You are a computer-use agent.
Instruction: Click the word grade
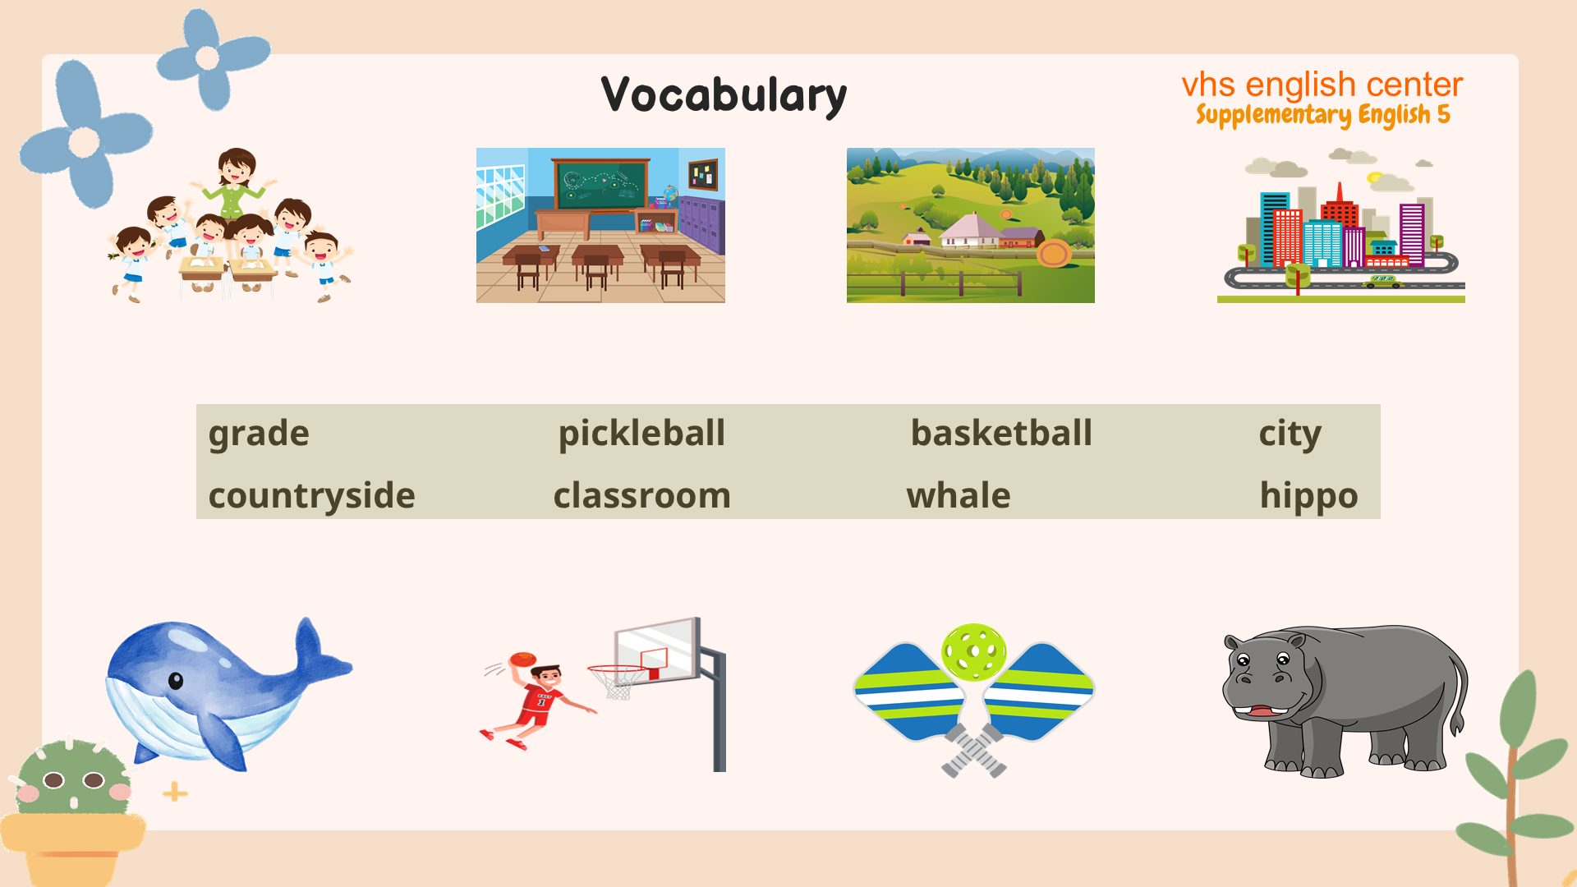point(259,434)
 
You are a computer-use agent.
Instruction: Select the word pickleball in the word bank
point(641,433)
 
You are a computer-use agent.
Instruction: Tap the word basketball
point(1001,433)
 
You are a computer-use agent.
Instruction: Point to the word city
point(1290,434)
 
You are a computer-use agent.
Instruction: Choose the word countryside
point(311,495)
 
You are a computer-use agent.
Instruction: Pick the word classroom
point(641,495)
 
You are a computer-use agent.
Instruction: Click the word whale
point(958,495)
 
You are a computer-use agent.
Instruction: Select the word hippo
point(1308,496)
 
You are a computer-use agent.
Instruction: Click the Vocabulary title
point(724,95)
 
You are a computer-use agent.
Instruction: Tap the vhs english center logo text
point(1322,85)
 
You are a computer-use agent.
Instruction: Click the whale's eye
point(175,680)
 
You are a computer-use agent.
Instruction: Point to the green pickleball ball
point(974,652)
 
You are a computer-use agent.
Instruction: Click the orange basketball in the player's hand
point(522,660)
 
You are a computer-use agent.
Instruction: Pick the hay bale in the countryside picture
point(1053,253)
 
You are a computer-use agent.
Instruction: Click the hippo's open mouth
point(1257,711)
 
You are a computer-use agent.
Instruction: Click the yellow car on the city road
point(1383,282)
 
